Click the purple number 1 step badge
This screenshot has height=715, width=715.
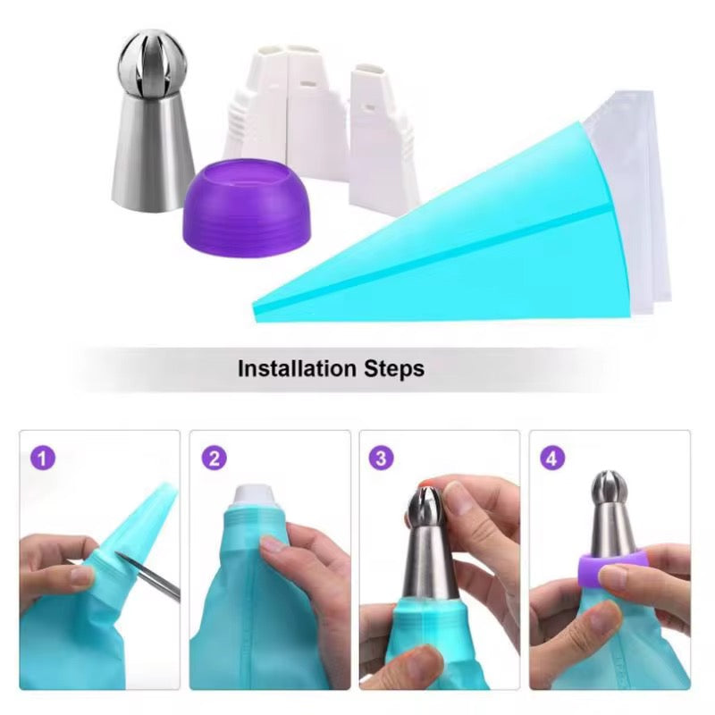43,458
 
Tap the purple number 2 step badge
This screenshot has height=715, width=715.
214,458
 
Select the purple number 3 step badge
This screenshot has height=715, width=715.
381,458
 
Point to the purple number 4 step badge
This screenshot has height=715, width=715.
551,458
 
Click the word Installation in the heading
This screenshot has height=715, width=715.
297,368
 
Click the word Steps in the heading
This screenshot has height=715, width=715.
394,369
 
